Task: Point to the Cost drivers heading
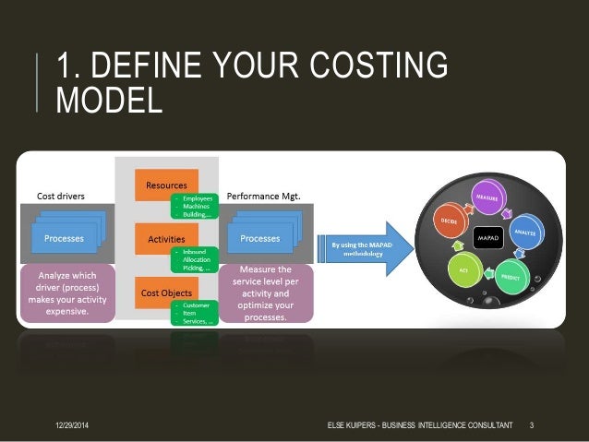click(63, 197)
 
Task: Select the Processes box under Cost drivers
click(64, 239)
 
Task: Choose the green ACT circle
click(465, 272)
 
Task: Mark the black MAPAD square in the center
click(487, 239)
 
